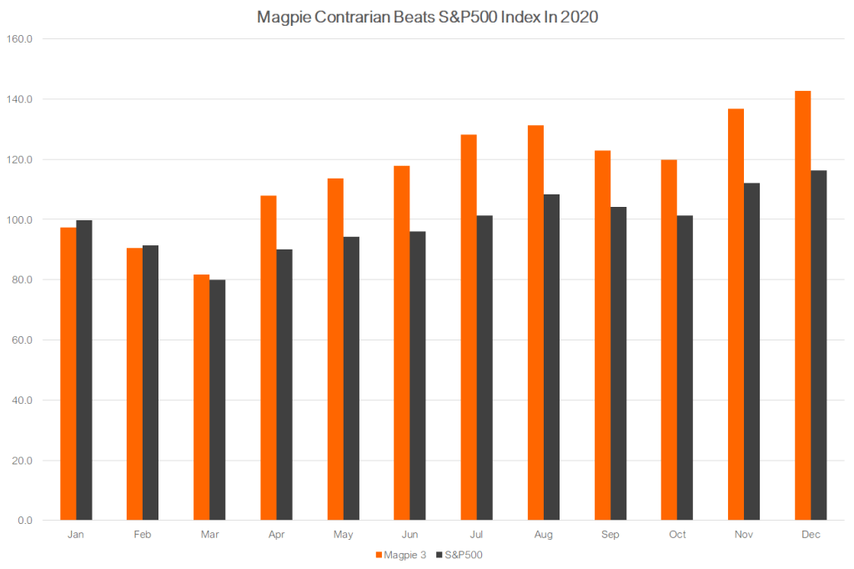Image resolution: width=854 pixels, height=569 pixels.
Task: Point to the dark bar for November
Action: [x=751, y=351]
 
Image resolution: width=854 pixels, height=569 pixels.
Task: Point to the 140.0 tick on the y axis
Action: [x=19, y=99]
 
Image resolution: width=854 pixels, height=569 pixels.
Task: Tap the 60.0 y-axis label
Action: [x=21, y=340]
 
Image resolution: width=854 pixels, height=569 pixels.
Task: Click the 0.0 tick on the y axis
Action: [x=23, y=521]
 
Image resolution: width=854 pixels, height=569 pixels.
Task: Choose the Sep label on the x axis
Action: [x=610, y=535]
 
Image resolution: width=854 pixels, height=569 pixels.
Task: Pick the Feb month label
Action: [x=143, y=535]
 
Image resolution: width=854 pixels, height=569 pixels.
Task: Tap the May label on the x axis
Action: [x=343, y=535]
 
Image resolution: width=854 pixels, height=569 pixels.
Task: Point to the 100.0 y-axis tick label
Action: [x=19, y=219]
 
